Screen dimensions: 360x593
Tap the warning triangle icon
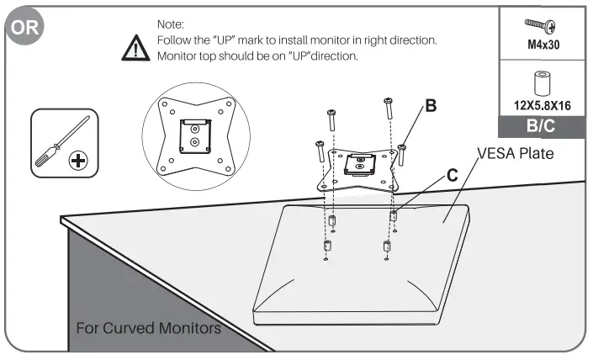[x=135, y=48]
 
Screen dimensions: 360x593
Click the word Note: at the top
[x=172, y=26]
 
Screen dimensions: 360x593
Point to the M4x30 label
[x=543, y=44]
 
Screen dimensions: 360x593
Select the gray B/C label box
[x=543, y=129]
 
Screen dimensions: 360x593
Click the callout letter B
[x=431, y=107]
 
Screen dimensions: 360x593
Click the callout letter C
[x=452, y=176]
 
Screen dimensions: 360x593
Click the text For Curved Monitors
[x=149, y=327]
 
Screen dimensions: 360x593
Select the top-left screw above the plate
[x=332, y=119]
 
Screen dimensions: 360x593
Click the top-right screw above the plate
[x=387, y=108]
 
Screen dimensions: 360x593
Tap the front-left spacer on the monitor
[x=328, y=249]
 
